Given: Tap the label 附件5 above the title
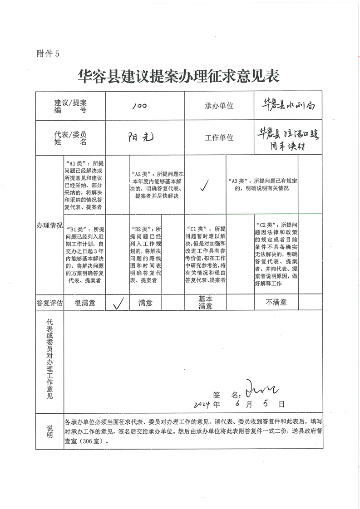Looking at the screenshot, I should click(48, 54).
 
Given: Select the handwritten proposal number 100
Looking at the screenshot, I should click(139, 106).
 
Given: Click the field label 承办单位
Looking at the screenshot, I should click(219, 106).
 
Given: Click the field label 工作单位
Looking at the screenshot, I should click(219, 137).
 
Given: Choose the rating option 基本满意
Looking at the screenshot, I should click(205, 303).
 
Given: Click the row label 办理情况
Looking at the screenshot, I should click(49, 225).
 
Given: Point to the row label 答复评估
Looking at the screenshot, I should click(49, 303).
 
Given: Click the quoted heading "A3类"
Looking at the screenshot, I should click(241, 181).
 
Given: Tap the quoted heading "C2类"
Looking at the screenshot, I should click(266, 225).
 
